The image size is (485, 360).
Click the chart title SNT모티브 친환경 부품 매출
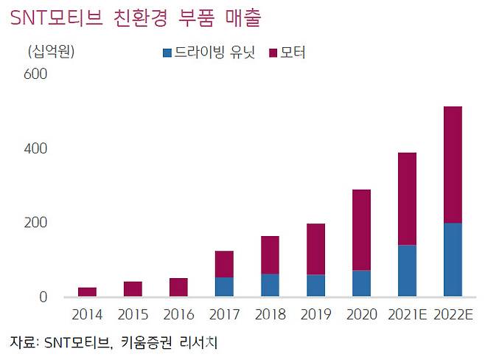click(x=136, y=18)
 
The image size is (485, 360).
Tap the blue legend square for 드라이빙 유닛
click(x=167, y=52)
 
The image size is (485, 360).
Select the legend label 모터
click(x=293, y=52)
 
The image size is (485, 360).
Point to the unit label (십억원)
click(x=51, y=52)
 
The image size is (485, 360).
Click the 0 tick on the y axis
click(x=42, y=297)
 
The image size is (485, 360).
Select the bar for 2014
click(x=87, y=292)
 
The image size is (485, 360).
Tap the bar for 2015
click(x=133, y=289)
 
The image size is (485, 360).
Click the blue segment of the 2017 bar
click(x=224, y=287)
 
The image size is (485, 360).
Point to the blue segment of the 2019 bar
click(x=315, y=285)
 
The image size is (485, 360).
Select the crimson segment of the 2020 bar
click(x=361, y=230)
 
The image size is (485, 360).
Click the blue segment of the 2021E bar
click(x=406, y=271)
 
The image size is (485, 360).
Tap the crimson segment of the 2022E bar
click(x=452, y=165)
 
